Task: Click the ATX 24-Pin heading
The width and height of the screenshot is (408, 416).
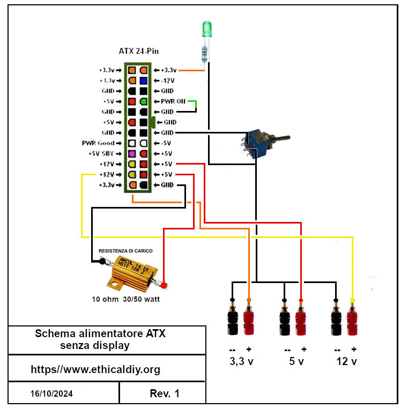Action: (138, 51)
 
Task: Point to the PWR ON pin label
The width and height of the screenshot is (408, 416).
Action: (173, 101)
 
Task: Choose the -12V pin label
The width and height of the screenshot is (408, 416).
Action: (169, 80)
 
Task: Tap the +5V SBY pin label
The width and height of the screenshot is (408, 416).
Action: (100, 154)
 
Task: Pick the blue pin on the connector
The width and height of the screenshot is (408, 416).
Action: (143, 80)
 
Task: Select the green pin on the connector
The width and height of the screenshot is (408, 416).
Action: (143, 101)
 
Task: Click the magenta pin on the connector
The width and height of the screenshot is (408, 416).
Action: (131, 154)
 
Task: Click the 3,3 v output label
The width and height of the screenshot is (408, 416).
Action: (241, 361)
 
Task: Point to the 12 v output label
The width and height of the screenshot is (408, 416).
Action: (346, 361)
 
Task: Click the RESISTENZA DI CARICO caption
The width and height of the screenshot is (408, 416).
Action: (125, 251)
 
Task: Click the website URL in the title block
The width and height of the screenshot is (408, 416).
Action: (95, 369)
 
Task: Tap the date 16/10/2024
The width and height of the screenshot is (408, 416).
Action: (51, 393)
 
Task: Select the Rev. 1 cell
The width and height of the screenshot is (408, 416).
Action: (165, 393)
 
